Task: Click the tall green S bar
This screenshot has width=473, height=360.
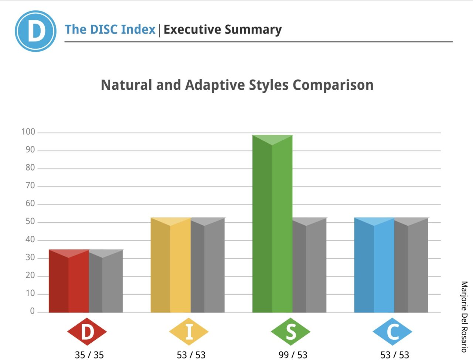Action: click(272, 225)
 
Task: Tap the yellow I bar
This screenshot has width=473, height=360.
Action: click(171, 266)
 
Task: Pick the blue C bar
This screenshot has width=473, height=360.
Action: click(374, 266)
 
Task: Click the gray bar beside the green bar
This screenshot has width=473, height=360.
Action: click(309, 266)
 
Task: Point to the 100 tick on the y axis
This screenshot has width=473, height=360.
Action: click(28, 132)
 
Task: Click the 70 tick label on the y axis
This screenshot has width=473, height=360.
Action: click(30, 186)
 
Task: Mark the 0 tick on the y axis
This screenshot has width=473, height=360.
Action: click(32, 311)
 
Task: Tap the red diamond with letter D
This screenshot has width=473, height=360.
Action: click(87, 332)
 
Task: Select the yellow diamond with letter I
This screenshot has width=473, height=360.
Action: click(189, 332)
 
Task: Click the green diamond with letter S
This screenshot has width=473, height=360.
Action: click(290, 332)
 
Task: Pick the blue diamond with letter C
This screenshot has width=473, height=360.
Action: click(392, 332)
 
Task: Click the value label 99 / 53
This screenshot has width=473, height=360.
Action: click(293, 355)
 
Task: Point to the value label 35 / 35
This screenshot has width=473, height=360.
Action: click(89, 355)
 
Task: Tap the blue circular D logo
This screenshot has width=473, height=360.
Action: click(35, 31)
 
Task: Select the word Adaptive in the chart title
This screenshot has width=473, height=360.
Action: click(215, 85)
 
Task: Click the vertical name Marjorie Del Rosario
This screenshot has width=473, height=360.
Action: click(464, 316)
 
